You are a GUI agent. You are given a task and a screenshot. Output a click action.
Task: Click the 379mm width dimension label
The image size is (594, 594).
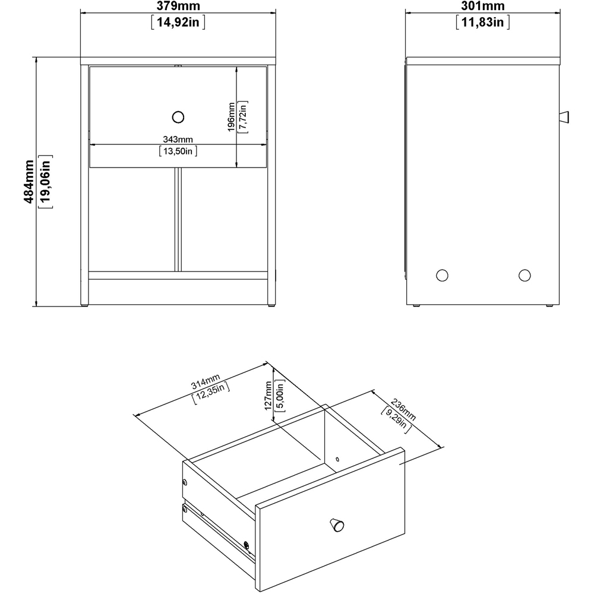[x=178, y=7]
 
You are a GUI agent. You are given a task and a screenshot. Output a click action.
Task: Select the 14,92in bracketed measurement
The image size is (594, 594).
[x=178, y=23]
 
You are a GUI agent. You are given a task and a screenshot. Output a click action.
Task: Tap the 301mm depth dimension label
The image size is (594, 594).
[x=483, y=7]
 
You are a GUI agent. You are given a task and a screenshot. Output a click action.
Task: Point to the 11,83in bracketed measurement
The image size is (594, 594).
[x=483, y=23]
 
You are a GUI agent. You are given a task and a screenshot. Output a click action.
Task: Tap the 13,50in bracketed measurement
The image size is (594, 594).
[x=178, y=151]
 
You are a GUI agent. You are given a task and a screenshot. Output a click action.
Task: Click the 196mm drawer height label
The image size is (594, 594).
[x=230, y=116]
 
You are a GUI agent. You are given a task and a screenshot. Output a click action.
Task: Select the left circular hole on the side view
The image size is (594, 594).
[x=443, y=275]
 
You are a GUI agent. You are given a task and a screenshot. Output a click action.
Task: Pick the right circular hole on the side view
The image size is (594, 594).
[x=524, y=275]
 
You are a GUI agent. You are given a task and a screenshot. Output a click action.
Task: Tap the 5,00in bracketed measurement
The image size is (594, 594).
[x=280, y=396]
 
